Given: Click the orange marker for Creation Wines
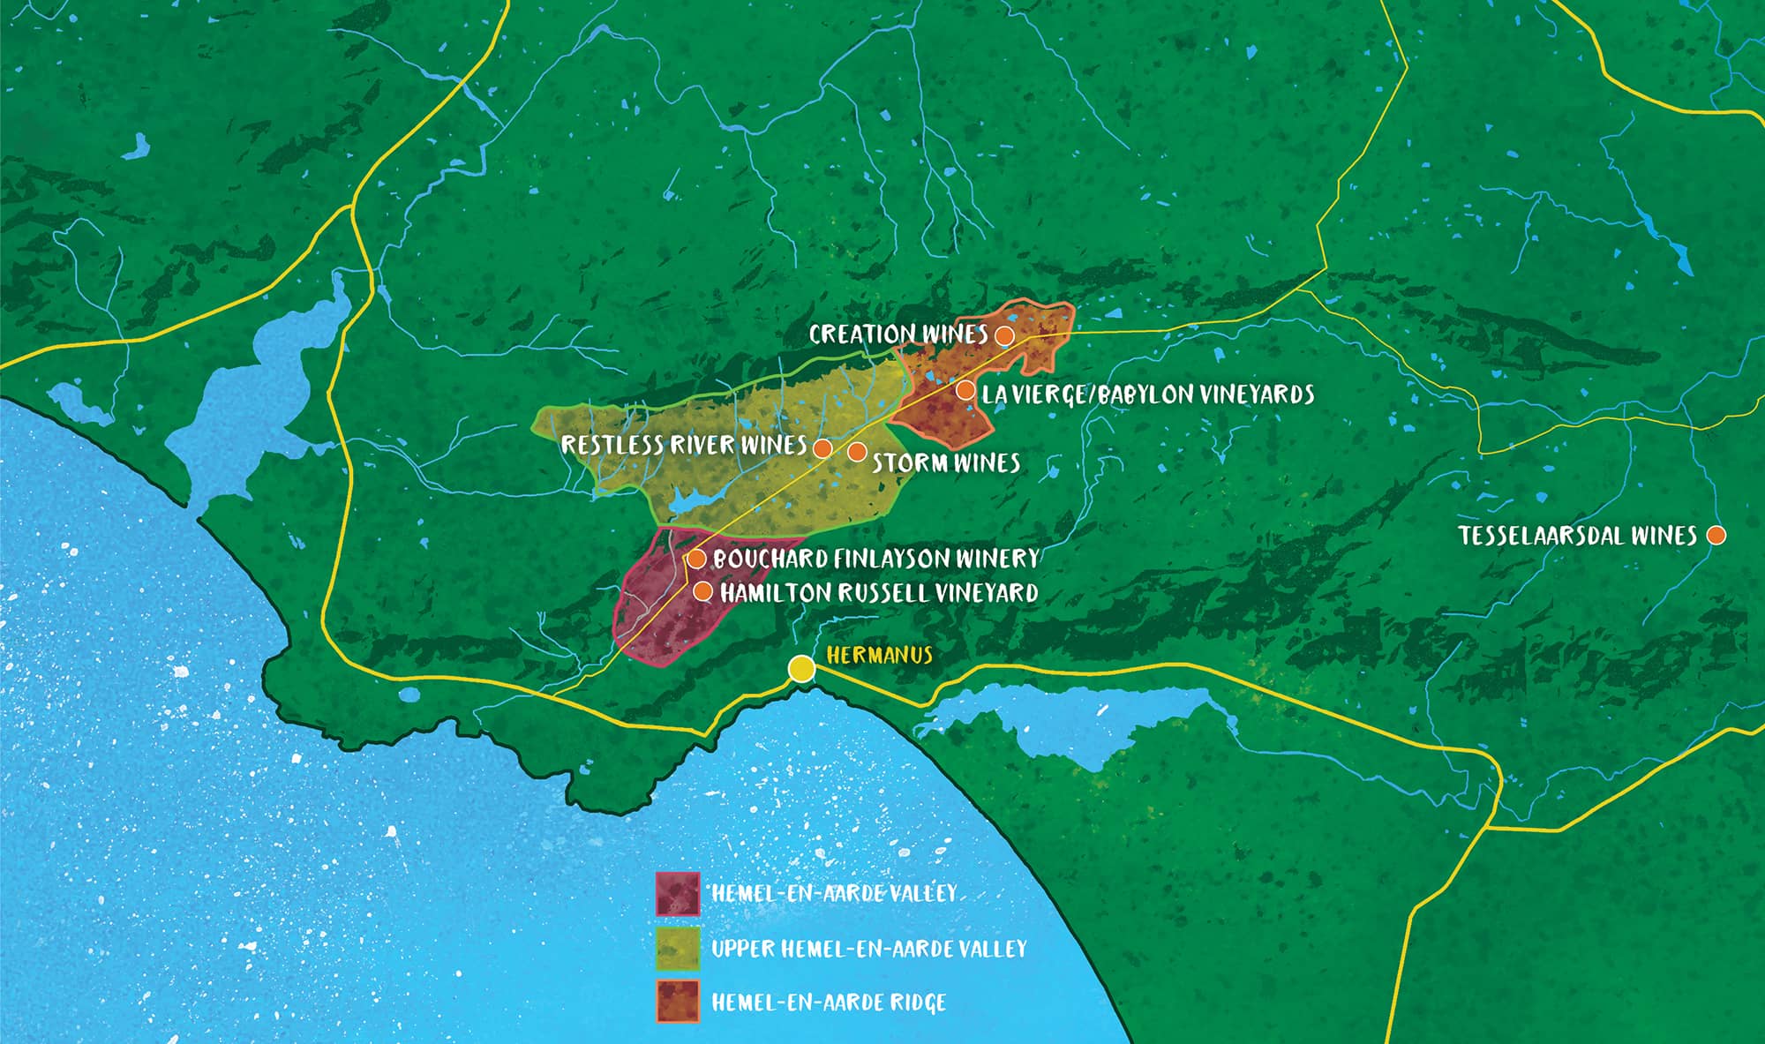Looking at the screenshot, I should click(1003, 335).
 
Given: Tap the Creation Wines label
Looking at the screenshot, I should click(898, 334).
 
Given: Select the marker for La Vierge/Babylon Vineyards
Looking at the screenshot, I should click(965, 390).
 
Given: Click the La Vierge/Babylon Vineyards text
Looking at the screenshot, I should click(1148, 394).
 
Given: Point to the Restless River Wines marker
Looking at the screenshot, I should click(822, 448).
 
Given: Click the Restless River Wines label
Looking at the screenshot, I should click(684, 445).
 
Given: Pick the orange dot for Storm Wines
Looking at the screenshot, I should click(856, 452).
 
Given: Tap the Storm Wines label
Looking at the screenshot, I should click(946, 462).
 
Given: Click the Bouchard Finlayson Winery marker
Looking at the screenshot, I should click(695, 559).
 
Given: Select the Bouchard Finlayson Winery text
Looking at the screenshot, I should click(876, 559).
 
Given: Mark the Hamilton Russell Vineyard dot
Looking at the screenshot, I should click(702, 591).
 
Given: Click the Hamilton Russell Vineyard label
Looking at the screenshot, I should click(879, 592).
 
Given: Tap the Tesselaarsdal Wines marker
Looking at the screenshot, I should click(1716, 536).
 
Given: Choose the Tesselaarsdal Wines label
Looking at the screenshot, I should click(1578, 536).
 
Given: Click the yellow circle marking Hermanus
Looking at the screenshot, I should click(801, 668).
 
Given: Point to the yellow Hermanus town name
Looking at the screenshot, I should click(880, 655).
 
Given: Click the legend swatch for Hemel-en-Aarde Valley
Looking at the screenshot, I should click(678, 894).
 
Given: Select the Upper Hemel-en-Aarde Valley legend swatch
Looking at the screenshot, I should click(678, 949).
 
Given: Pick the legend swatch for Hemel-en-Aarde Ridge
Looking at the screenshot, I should click(678, 1002).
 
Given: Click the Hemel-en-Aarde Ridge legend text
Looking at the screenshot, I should click(829, 1003).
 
